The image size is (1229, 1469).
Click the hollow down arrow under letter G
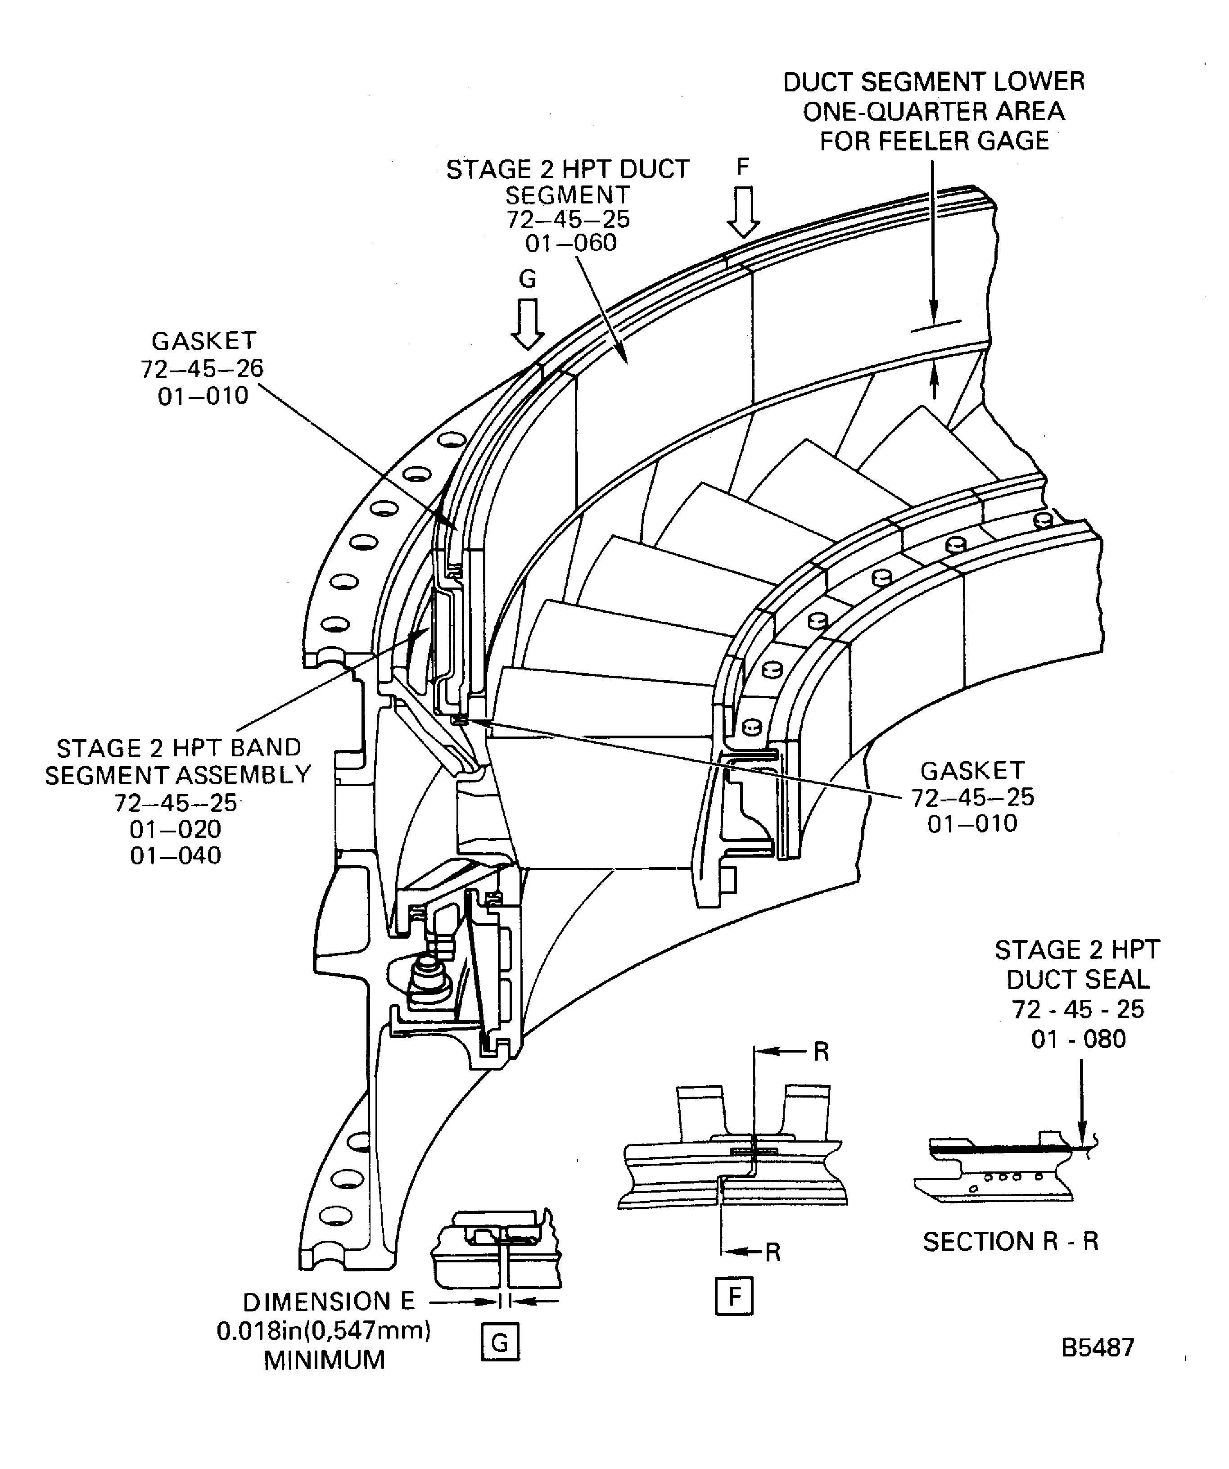528,324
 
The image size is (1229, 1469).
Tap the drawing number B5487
1097,1347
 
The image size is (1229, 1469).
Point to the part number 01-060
571,244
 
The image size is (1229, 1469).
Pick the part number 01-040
176,855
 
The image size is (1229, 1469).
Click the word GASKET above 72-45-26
203,341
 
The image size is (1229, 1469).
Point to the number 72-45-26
202,369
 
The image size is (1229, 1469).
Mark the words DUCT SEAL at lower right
1077,979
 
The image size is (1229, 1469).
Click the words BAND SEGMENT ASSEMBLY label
178,761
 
